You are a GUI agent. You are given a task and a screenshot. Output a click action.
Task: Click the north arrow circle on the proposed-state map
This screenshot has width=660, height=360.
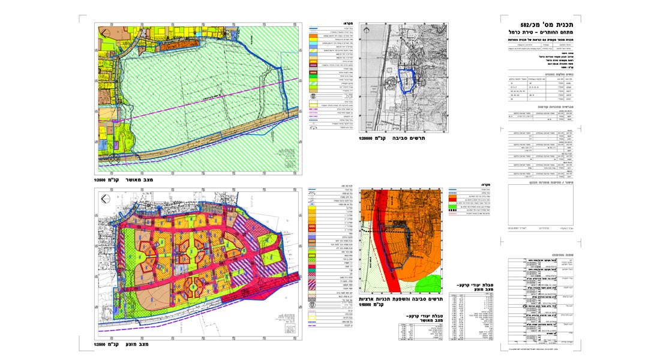click(106, 199)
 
